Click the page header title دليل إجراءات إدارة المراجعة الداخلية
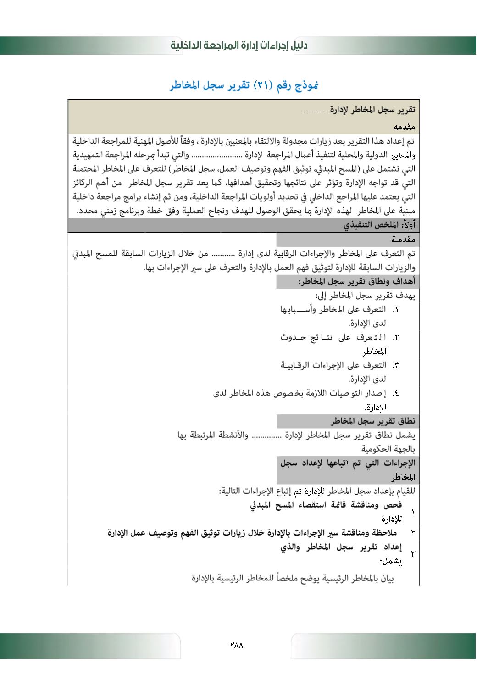pos(239,45)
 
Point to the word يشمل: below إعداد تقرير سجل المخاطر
pos(391,561)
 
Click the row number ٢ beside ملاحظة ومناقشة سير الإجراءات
pos(413,533)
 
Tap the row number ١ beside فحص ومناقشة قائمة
pos(413,512)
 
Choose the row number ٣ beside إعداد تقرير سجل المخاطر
pos(413,553)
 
